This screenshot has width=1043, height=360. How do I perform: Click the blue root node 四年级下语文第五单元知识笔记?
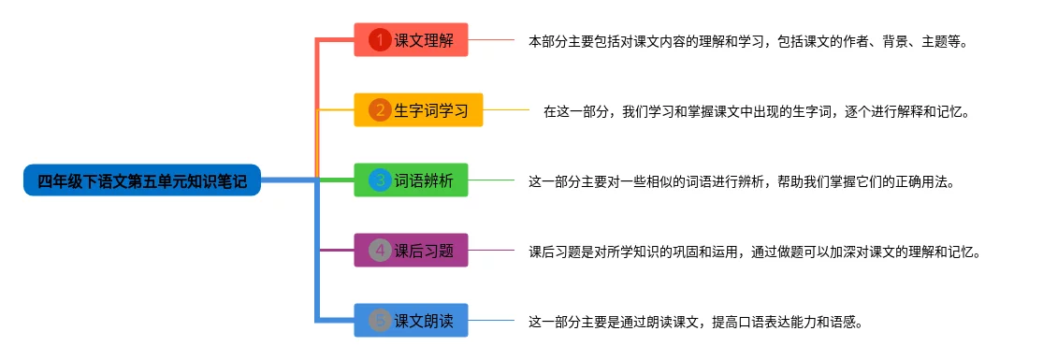pyautogui.click(x=141, y=180)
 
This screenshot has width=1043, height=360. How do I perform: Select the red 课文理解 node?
pyautogui.click(x=411, y=40)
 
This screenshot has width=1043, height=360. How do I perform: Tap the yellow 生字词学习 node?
pyautogui.click(x=418, y=109)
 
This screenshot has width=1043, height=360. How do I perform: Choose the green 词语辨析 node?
pyautogui.click(x=411, y=180)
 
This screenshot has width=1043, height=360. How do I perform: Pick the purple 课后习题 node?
pyautogui.click(x=411, y=251)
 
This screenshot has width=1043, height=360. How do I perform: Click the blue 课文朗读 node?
pyautogui.click(x=411, y=320)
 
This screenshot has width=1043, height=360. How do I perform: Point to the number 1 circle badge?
pyautogui.click(x=380, y=40)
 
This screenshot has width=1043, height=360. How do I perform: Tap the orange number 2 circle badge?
pyautogui.click(x=380, y=110)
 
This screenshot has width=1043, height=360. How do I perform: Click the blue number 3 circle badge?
pyautogui.click(x=380, y=180)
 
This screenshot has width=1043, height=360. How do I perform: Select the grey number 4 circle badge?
pyautogui.click(x=380, y=251)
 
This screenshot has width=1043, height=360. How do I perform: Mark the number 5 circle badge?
pyautogui.click(x=380, y=321)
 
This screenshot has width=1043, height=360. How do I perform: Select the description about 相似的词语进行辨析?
pyautogui.click(x=741, y=181)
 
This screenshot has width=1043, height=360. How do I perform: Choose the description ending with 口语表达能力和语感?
pyautogui.click(x=695, y=322)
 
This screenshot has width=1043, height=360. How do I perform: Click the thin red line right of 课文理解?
pyautogui.click(x=491, y=40)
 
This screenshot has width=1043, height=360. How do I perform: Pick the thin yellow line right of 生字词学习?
pyautogui.click(x=505, y=109)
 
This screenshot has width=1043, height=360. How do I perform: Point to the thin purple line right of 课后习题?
pyautogui.click(x=491, y=251)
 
